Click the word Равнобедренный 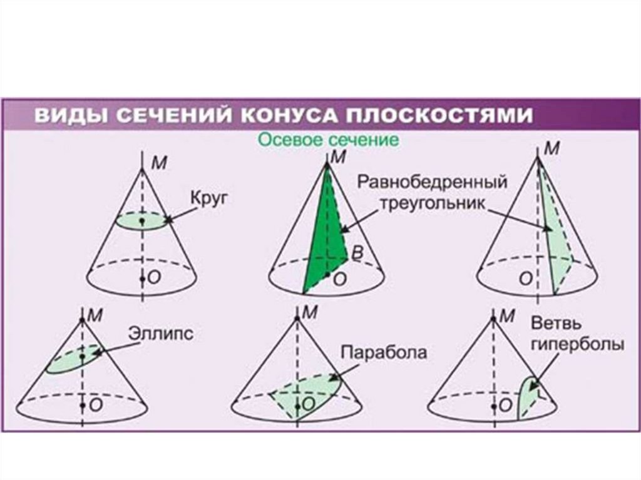click(431, 183)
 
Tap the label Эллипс click(161, 332)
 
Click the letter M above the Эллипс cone click(95, 315)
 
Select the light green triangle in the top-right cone click(557, 244)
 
